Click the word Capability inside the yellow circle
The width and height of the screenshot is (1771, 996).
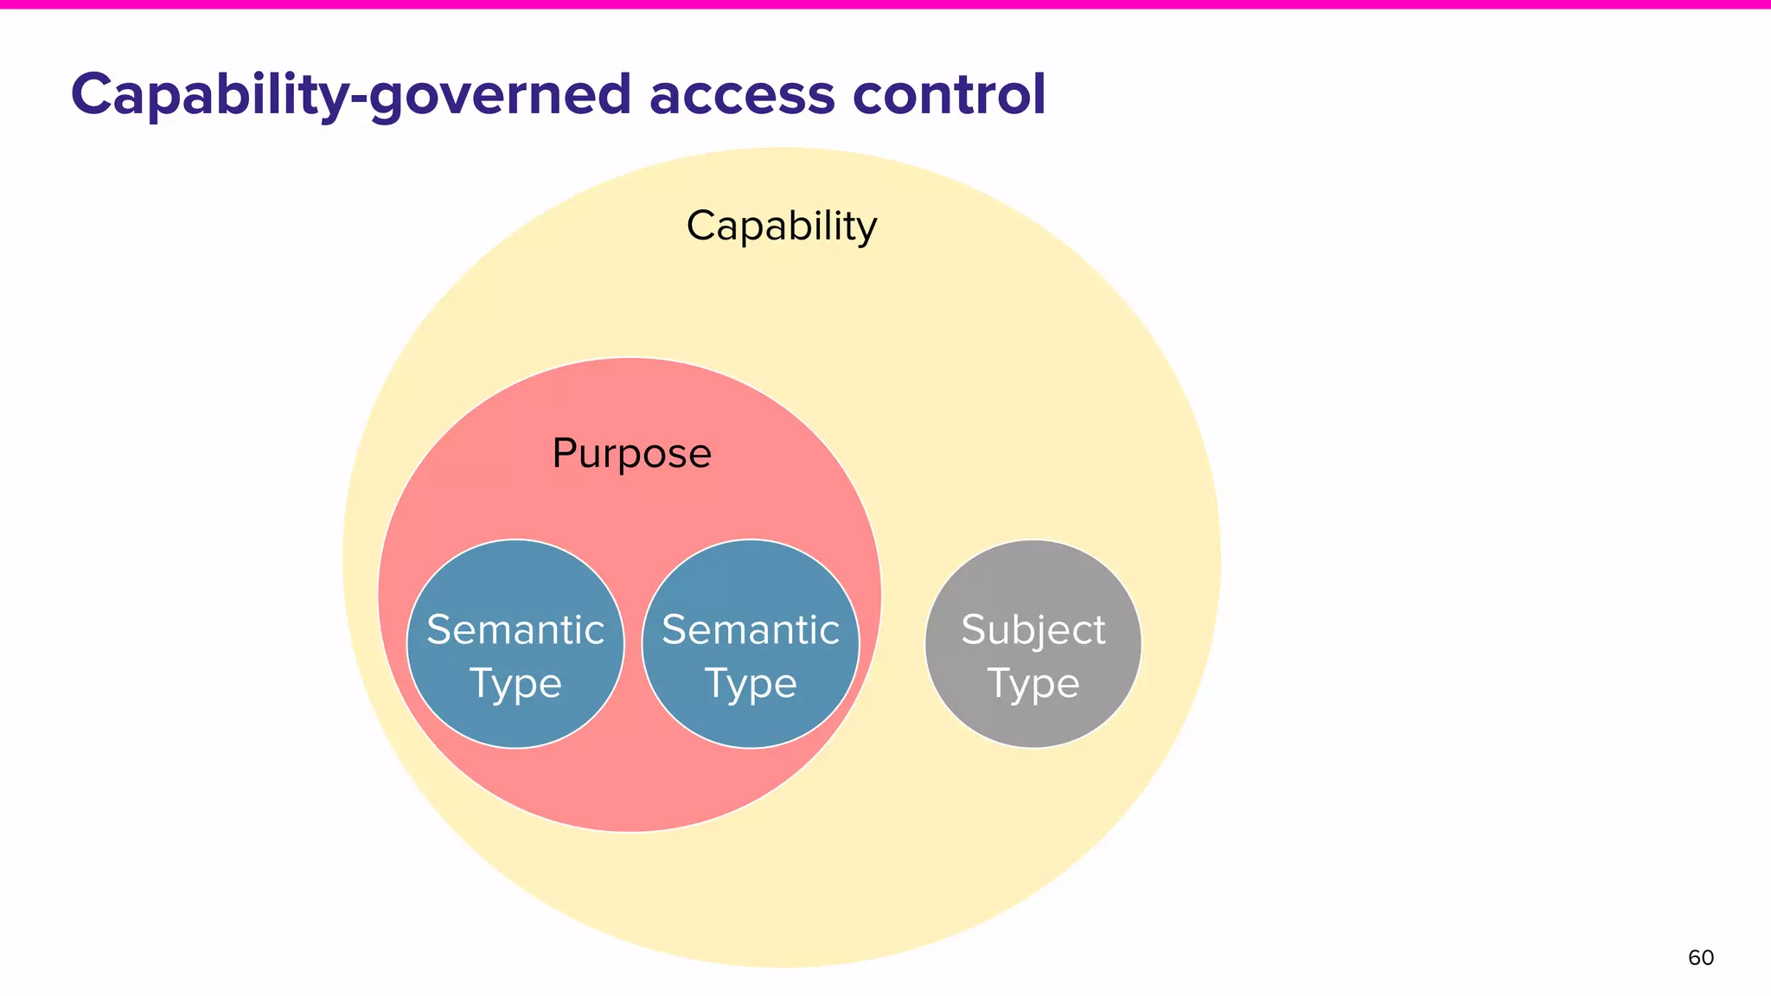(x=781, y=227)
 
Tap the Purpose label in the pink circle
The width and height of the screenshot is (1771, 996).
(x=631, y=454)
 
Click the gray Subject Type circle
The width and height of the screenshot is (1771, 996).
(x=1033, y=588)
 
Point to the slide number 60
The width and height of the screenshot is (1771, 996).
(x=1700, y=958)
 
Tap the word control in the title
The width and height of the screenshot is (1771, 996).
(x=949, y=94)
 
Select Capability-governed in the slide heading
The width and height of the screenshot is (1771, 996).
(x=351, y=94)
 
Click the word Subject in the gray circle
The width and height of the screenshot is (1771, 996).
(x=1033, y=629)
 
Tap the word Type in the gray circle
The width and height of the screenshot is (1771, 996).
(x=1033, y=684)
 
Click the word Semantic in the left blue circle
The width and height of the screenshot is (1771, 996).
(x=515, y=629)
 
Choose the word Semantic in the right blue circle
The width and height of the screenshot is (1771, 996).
(x=751, y=629)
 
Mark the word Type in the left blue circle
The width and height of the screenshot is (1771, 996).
(x=515, y=684)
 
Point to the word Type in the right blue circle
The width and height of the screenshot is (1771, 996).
(x=751, y=684)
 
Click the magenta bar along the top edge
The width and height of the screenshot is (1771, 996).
(x=885, y=4)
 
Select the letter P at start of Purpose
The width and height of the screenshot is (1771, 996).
(x=564, y=453)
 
